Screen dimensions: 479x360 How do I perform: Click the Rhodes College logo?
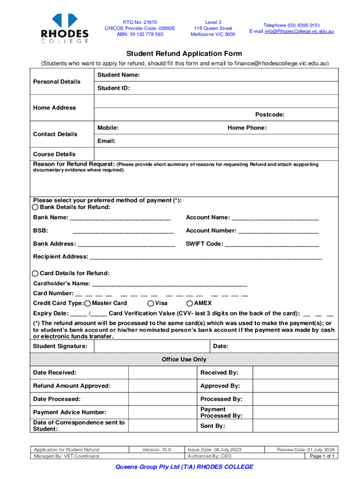coord(65,28)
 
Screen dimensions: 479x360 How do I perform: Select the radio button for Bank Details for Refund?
coord(36,207)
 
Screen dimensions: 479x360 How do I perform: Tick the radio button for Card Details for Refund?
coord(36,273)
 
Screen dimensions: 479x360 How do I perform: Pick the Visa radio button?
coord(151,303)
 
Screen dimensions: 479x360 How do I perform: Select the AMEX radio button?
coord(190,303)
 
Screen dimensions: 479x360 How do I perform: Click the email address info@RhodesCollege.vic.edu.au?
coord(291,31)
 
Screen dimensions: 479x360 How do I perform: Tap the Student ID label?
coord(114,88)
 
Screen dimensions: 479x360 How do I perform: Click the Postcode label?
coord(270,115)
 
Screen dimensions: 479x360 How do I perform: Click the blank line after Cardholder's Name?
coord(170,284)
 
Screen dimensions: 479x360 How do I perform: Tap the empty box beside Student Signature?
coord(151,346)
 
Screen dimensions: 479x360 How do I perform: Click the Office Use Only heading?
coord(184,359)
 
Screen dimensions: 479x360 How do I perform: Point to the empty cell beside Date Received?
coord(162,373)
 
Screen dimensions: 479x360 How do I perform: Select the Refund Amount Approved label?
coord(72,386)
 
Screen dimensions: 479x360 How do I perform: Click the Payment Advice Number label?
coord(70,412)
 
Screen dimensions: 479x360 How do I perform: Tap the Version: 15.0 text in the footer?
coord(157,450)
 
